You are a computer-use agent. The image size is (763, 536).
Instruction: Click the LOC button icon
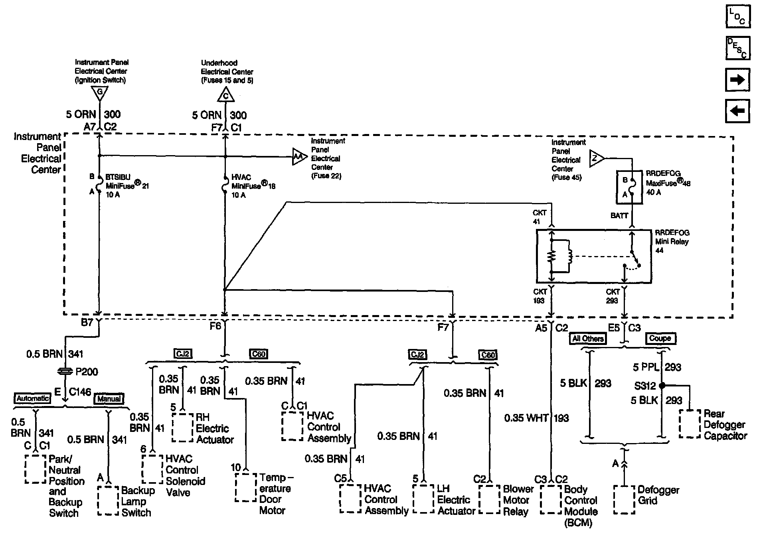pyautogui.click(x=737, y=16)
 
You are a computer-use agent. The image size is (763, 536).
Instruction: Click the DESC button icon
pyautogui.click(x=737, y=48)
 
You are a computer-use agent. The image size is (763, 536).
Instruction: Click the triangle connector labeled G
pyautogui.click(x=99, y=93)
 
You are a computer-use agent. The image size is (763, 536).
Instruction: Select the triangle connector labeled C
pyautogui.click(x=225, y=95)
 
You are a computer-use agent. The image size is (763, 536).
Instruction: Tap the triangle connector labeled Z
pyautogui.click(x=596, y=158)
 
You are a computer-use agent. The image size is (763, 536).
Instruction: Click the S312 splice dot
pyautogui.click(x=662, y=386)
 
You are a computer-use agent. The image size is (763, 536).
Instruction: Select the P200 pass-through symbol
pyautogui.click(x=65, y=372)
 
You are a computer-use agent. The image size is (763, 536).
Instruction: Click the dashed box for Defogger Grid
pyautogui.click(x=624, y=500)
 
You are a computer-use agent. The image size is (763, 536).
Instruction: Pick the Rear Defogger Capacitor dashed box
pyautogui.click(x=690, y=424)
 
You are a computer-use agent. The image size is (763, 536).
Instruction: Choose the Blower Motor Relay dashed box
pyautogui.click(x=489, y=499)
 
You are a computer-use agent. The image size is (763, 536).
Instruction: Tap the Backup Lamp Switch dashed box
pyautogui.click(x=108, y=501)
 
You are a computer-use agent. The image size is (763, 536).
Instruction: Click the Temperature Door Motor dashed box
pyautogui.click(x=245, y=487)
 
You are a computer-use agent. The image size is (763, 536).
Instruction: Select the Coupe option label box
pyautogui.click(x=660, y=339)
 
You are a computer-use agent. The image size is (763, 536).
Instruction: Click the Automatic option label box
pyautogui.click(x=33, y=398)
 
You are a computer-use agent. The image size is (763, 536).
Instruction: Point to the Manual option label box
pyautogui.click(x=109, y=398)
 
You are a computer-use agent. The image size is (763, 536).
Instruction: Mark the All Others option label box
pyautogui.click(x=588, y=339)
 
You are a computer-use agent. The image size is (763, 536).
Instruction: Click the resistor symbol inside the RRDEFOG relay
pyautogui.click(x=552, y=256)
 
